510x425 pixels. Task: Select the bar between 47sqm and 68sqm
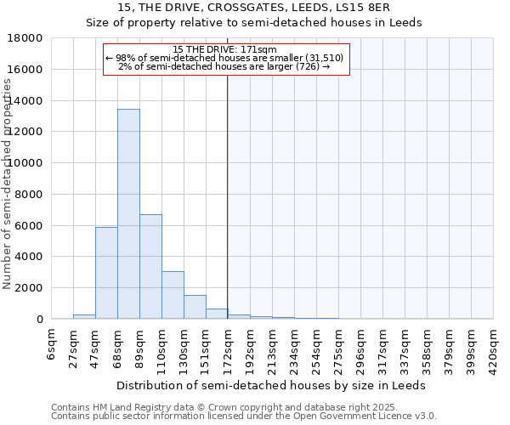[x=106, y=273]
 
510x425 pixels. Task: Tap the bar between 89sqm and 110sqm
[x=150, y=267]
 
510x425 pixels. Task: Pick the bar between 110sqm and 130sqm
[x=173, y=295]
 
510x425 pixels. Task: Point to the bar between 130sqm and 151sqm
[x=195, y=307]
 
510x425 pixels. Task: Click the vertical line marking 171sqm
[x=227, y=195]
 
